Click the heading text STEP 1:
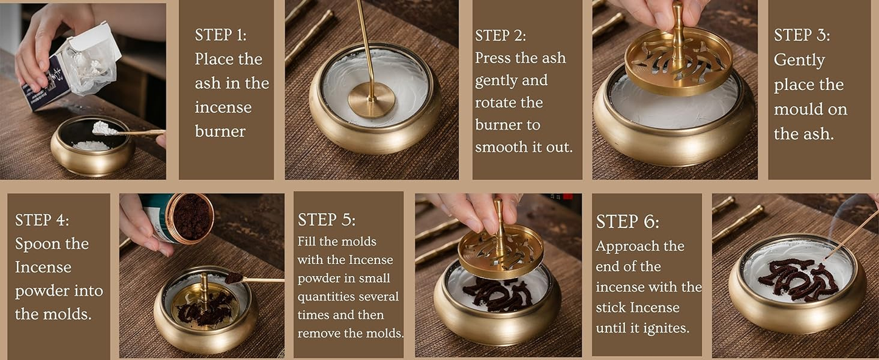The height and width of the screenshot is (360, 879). click(x=221, y=35)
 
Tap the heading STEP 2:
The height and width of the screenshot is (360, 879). click(x=501, y=35)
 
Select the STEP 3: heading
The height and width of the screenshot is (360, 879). click(x=802, y=35)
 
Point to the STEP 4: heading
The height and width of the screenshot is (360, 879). click(x=42, y=220)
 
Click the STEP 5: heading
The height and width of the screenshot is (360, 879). click(x=327, y=220)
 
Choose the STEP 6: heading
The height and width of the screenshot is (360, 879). click(x=627, y=221)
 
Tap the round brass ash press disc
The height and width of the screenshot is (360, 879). click(x=372, y=100)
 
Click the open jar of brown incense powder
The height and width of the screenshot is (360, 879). click(x=190, y=218)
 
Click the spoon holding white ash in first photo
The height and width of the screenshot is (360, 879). click(x=122, y=130)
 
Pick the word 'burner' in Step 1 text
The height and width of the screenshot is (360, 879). click(x=220, y=131)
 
